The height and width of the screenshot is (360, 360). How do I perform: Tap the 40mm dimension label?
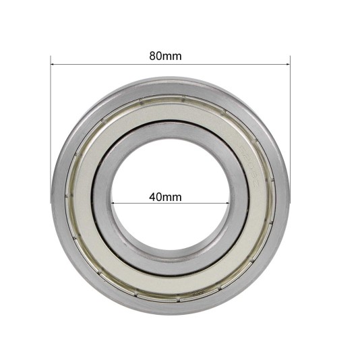[x=165, y=197]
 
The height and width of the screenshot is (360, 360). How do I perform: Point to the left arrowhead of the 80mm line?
[x=53, y=65]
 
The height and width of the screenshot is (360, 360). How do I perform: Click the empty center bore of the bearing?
[x=171, y=175]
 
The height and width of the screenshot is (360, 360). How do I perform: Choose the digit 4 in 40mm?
[x=152, y=197]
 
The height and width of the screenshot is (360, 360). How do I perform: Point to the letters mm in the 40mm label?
[x=173, y=197]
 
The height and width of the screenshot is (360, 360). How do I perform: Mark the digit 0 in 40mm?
[x=159, y=197]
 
